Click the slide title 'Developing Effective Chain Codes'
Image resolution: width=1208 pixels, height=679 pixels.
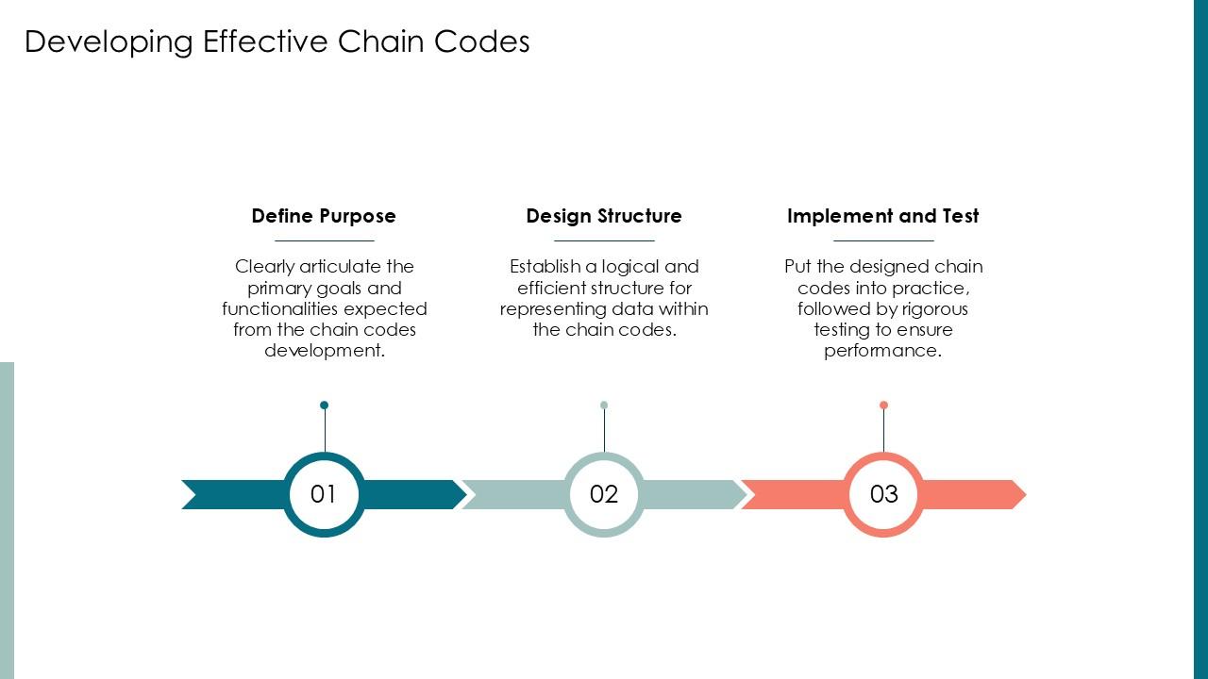(x=277, y=41)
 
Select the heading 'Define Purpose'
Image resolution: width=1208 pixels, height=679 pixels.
(x=324, y=216)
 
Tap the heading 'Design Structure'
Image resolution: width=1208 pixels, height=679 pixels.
(x=604, y=216)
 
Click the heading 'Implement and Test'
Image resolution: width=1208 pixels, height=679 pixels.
(x=883, y=216)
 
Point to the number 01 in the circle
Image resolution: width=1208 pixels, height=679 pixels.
(x=324, y=494)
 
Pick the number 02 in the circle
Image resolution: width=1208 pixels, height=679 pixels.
(x=604, y=494)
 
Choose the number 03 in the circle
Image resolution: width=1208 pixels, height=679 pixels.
(x=883, y=494)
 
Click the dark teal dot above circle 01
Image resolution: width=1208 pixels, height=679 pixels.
(x=324, y=406)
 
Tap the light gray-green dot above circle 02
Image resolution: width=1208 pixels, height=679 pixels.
(x=604, y=406)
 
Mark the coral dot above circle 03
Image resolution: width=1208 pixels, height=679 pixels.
(x=883, y=406)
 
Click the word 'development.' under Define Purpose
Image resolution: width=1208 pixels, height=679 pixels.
(x=325, y=351)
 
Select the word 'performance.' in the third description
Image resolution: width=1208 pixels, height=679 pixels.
(x=883, y=351)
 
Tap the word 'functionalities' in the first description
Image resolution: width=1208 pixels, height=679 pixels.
(x=280, y=308)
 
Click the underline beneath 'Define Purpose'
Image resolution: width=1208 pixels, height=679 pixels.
(x=324, y=241)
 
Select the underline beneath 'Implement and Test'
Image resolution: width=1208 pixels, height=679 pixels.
(x=883, y=241)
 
